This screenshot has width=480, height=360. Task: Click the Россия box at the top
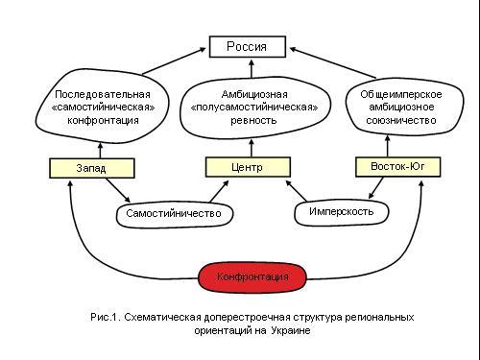(x=248, y=47)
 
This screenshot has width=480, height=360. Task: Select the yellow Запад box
(x=92, y=168)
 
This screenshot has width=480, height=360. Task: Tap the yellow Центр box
(x=248, y=167)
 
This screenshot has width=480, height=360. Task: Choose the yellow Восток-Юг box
(x=398, y=167)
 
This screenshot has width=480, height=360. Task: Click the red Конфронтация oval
(x=252, y=277)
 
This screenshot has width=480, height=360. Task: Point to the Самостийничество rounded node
(x=174, y=214)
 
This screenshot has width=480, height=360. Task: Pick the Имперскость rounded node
(x=342, y=212)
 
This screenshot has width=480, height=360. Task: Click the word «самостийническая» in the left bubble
(x=103, y=108)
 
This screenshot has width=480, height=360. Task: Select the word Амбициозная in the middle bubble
(x=254, y=94)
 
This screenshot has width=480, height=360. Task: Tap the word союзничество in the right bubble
(x=401, y=120)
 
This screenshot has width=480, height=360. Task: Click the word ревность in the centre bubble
(x=253, y=121)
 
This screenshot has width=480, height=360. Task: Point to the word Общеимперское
(x=401, y=94)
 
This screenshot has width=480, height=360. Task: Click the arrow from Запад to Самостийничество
(x=118, y=190)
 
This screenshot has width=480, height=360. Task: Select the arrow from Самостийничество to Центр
(x=219, y=191)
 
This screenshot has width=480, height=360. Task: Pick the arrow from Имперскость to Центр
(x=296, y=191)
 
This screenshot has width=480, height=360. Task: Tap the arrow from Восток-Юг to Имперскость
(x=375, y=188)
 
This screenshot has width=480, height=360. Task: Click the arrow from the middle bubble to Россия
(x=252, y=68)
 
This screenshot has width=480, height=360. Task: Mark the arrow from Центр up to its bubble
(x=252, y=148)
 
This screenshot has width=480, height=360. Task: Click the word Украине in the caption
(x=291, y=330)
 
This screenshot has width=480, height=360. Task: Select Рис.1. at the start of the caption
(x=106, y=317)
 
